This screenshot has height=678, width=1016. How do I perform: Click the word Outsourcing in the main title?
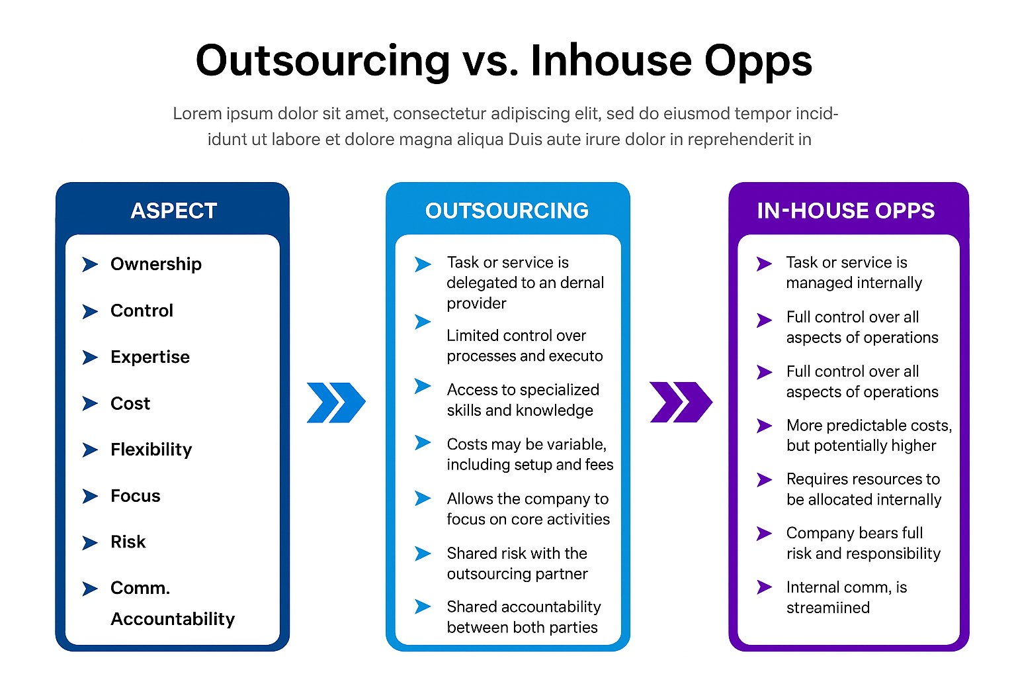[x=323, y=61]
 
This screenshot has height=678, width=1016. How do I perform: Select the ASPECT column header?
[x=173, y=211]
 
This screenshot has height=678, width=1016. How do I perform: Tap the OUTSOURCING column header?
[x=507, y=211]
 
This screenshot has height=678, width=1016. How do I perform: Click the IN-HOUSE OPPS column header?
[x=846, y=211]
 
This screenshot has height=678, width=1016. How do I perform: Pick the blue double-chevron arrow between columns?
[x=336, y=403]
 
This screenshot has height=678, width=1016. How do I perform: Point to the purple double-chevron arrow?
[x=681, y=402]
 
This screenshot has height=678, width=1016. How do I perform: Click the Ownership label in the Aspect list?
[x=156, y=264]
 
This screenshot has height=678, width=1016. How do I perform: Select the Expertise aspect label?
[x=150, y=357]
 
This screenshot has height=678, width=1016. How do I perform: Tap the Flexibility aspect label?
[x=151, y=450]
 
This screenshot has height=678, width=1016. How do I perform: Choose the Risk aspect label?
[x=128, y=542]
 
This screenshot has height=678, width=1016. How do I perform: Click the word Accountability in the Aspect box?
[x=173, y=619]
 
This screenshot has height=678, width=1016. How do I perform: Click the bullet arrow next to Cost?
[x=90, y=403]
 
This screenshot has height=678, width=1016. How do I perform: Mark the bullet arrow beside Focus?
[x=90, y=496]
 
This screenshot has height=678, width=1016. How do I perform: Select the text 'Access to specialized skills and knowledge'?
[x=523, y=400]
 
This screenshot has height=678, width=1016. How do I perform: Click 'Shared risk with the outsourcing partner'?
[x=517, y=563]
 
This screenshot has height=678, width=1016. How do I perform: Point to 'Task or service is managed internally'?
[x=854, y=273]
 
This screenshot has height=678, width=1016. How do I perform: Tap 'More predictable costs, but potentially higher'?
[x=869, y=436]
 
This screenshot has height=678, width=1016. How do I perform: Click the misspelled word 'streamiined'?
[x=827, y=608]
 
